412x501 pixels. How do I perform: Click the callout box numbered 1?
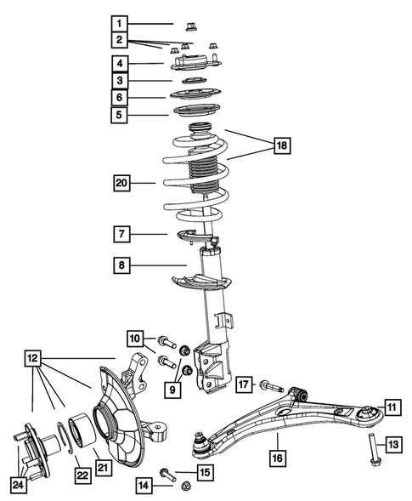click(122, 23)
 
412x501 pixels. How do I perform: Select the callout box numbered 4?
click(122, 63)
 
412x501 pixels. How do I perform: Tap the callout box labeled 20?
click(124, 181)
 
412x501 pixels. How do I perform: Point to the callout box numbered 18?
click(281, 146)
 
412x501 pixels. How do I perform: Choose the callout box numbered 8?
click(122, 266)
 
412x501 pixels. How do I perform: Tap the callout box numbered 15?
click(204, 472)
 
